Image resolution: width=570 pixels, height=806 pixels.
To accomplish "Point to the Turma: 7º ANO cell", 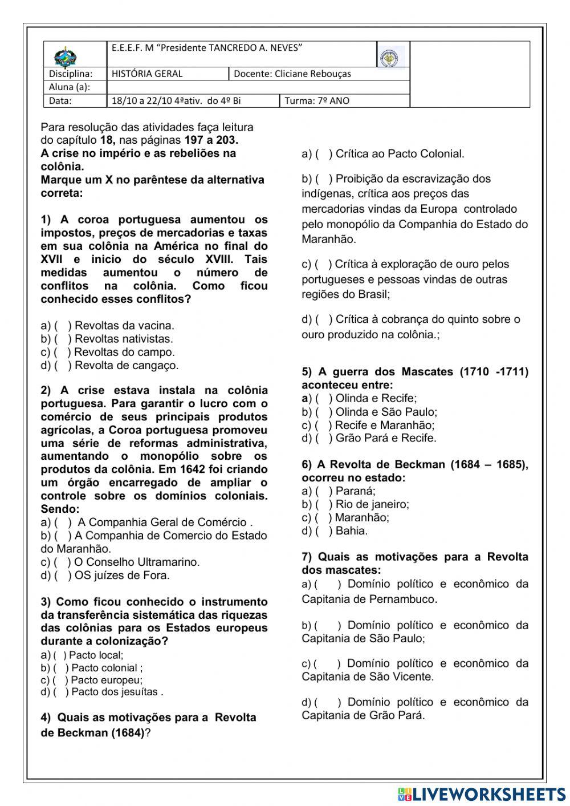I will click(317, 101).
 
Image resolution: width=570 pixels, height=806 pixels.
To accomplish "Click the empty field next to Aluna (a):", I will click(256, 87).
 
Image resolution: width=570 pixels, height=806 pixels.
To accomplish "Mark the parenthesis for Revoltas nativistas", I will click(62, 339).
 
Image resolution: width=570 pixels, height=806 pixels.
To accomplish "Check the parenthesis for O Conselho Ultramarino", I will click(62, 562).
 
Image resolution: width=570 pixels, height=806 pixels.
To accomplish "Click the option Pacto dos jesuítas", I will click(114, 692).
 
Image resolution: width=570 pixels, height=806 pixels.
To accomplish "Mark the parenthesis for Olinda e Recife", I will click(323, 398).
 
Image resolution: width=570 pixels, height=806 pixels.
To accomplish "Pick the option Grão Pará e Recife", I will click(385, 438).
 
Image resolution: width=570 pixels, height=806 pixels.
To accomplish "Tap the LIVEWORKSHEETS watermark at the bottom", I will click(482, 795).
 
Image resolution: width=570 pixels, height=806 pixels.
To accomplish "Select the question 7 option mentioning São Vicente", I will click(415, 670).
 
